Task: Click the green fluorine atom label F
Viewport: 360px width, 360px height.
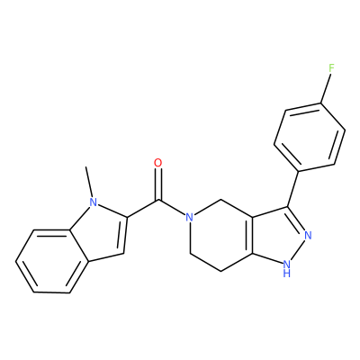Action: pos(331,68)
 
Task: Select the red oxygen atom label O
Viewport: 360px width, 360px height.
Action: pos(157,163)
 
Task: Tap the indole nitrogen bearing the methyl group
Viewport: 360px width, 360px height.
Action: pos(94,202)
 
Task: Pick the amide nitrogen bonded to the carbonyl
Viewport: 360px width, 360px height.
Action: pos(189,217)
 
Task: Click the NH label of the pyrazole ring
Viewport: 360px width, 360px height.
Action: pos(287,268)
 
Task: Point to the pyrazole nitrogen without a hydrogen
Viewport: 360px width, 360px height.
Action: pos(308,235)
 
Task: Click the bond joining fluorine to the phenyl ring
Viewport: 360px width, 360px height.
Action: pos(326,88)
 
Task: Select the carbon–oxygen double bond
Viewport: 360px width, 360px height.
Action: pos(157,184)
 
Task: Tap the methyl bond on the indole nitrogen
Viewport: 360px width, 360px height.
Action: pos(89,182)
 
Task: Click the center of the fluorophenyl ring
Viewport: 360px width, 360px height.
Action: pos(310,137)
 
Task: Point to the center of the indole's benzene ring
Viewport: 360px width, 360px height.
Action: pos(52,261)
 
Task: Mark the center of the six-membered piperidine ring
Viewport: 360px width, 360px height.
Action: pos(221,236)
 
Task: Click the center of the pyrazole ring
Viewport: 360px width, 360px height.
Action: pos(275,236)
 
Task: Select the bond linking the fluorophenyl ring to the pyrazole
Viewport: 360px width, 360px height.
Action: pos(292,189)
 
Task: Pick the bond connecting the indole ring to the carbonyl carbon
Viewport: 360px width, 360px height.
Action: pos(142,208)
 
